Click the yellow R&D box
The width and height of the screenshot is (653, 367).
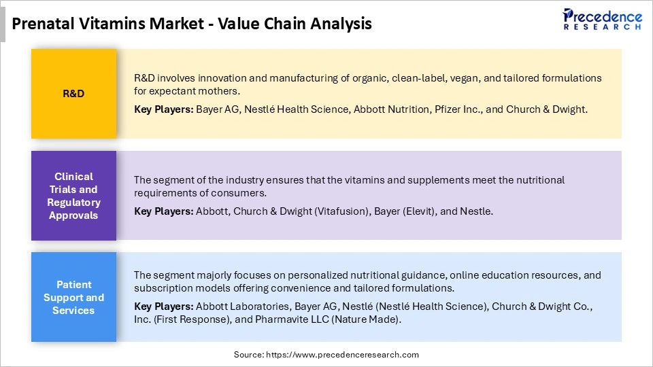(x=73, y=94)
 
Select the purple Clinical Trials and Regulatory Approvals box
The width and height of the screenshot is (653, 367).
(x=73, y=196)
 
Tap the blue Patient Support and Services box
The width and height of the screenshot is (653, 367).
(x=73, y=297)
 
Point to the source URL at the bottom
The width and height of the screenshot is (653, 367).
(x=326, y=355)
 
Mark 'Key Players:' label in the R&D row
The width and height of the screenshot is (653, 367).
(x=163, y=109)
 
